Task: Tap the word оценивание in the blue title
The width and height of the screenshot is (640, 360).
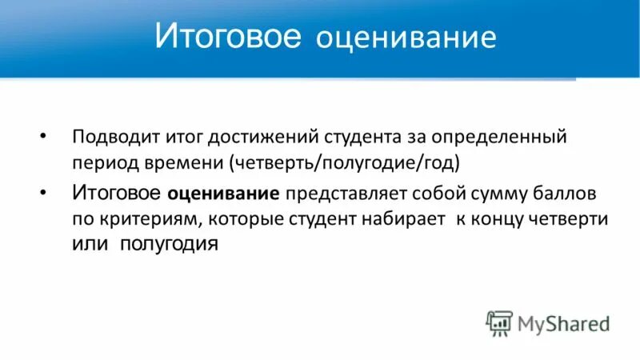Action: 406,39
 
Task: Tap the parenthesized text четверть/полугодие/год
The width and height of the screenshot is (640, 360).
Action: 345,161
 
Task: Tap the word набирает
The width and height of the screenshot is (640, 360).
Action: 403,219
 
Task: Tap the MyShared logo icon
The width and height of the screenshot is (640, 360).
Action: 499,322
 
